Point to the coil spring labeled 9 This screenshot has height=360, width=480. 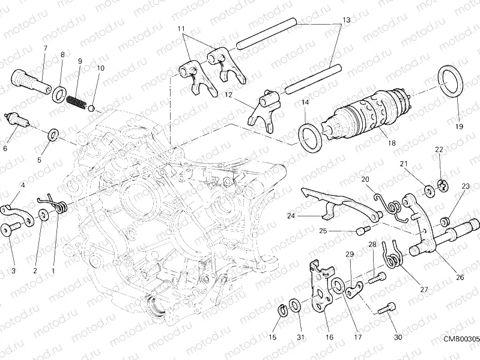point(77,99)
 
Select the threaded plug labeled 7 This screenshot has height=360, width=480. point(31,81)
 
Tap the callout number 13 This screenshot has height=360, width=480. point(345,20)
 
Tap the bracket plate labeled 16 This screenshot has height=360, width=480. point(322,285)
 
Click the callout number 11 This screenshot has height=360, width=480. point(181,29)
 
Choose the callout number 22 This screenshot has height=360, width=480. point(439,149)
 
